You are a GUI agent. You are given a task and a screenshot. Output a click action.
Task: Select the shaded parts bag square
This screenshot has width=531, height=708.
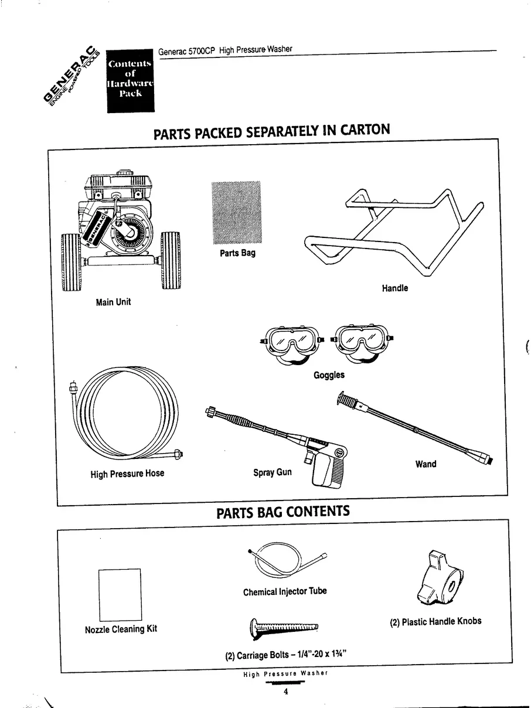pyautogui.click(x=236, y=213)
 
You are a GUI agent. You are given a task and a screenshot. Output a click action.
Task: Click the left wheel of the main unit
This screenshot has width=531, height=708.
pyautogui.click(x=72, y=261)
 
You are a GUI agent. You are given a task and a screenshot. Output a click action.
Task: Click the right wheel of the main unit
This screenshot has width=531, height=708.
pyautogui.click(x=171, y=261)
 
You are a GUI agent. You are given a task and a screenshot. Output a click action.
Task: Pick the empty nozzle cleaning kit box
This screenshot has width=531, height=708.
pyautogui.click(x=120, y=594)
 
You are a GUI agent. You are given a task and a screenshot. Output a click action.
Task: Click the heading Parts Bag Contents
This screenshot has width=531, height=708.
pyautogui.click(x=283, y=512)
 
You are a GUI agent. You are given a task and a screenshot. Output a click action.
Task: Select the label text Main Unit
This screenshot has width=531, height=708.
pyautogui.click(x=113, y=302)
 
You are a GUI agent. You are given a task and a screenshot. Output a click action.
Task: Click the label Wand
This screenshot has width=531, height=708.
pyautogui.click(x=426, y=464)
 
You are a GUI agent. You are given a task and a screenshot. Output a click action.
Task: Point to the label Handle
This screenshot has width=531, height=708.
pyautogui.click(x=395, y=288)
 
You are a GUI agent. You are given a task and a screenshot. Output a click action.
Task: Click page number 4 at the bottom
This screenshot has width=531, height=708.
pyautogui.click(x=285, y=692)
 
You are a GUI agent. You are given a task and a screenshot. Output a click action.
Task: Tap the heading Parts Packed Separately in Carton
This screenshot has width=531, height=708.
pyautogui.click(x=271, y=131)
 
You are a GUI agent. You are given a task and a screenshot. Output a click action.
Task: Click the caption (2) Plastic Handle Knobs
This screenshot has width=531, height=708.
pyautogui.click(x=435, y=621)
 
